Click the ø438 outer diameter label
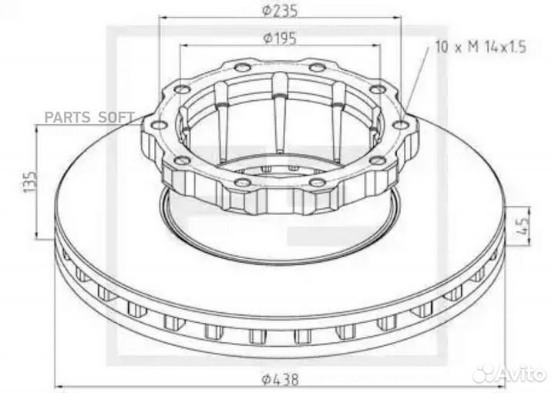[x=280, y=379]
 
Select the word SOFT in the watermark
[x=116, y=118]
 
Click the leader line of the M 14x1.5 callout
[x=416, y=85]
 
